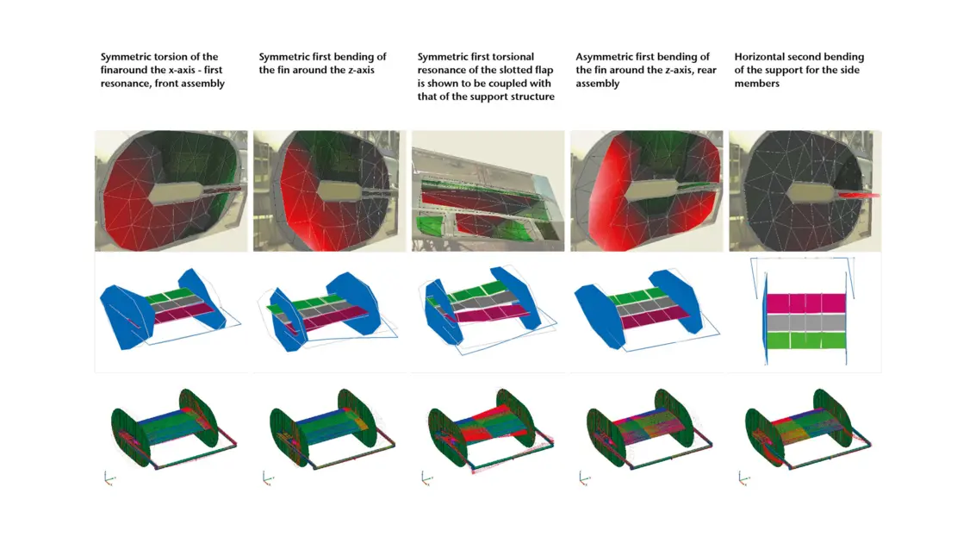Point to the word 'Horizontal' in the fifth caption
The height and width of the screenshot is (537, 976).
pyautogui.click(x=757, y=57)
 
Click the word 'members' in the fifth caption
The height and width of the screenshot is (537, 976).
pyautogui.click(x=757, y=84)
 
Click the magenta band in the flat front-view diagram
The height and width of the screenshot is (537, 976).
pyautogui.click(x=806, y=303)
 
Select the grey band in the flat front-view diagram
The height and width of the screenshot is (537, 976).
pyautogui.click(x=806, y=322)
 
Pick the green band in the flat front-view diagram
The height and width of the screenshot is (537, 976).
pyautogui.click(x=806, y=340)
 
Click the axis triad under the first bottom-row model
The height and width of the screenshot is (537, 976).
pyautogui.click(x=109, y=478)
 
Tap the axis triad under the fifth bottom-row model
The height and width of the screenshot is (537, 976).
pyautogui.click(x=743, y=478)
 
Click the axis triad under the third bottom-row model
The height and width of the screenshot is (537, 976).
pyautogui.click(x=426, y=478)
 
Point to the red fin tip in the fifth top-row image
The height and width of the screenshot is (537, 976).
pyautogui.click(x=859, y=195)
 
